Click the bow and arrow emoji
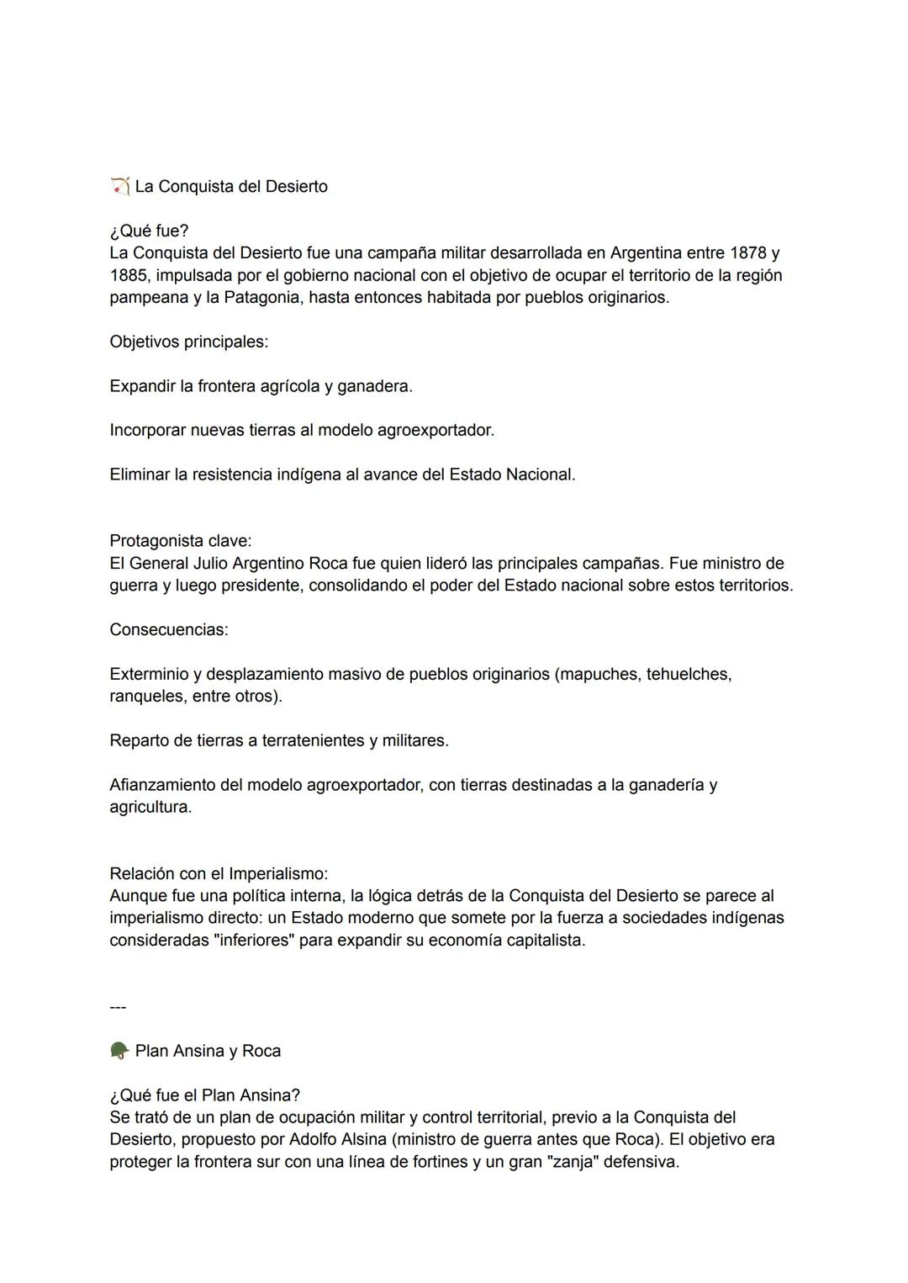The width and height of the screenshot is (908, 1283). pos(119,186)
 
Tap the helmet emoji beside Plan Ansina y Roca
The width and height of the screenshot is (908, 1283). pos(119,1051)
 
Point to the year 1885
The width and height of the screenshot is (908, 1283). pos(128,275)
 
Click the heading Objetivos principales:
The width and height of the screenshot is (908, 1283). pos(188,342)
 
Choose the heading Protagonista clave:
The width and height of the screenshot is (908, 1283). pos(180,540)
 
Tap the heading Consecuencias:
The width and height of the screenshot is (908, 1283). pos(168,629)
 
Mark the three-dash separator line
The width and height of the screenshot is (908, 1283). pos(118,1006)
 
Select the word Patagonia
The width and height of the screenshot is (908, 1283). pos(261,297)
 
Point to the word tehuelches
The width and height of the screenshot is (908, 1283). pos(688,674)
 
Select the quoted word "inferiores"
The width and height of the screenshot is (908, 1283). pos(252,940)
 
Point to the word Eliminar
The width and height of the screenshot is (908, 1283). pos(139,474)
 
